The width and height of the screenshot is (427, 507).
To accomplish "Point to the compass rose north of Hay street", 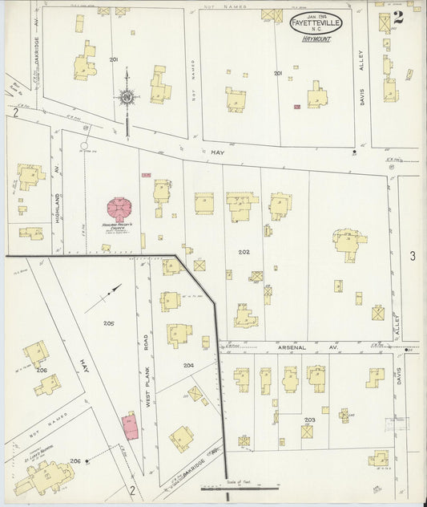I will click(127, 97).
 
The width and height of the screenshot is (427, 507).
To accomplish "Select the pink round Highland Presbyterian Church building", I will click(119, 210).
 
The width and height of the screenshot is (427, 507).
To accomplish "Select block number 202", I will click(244, 252).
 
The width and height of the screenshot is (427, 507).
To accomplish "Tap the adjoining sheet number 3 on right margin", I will click(413, 256).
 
